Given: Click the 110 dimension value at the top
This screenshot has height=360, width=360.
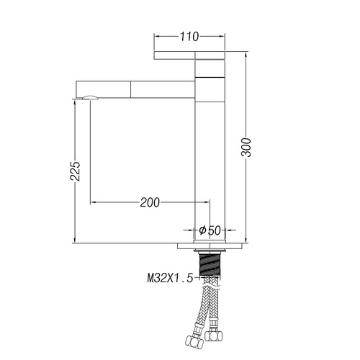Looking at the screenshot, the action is [x=189, y=37].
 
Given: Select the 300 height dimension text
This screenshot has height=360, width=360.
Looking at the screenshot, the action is [x=246, y=148].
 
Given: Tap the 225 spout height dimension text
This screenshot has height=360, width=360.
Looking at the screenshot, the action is [x=75, y=171].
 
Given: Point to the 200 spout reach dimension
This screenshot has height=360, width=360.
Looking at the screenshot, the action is [x=150, y=202].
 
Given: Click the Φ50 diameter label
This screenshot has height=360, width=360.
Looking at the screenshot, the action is [x=210, y=230].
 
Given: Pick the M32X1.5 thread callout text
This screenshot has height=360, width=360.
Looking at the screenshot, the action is [x=170, y=278].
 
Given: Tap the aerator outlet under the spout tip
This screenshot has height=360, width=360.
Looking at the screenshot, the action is [x=90, y=97].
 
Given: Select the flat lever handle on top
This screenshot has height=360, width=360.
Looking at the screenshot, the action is [x=189, y=55].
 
